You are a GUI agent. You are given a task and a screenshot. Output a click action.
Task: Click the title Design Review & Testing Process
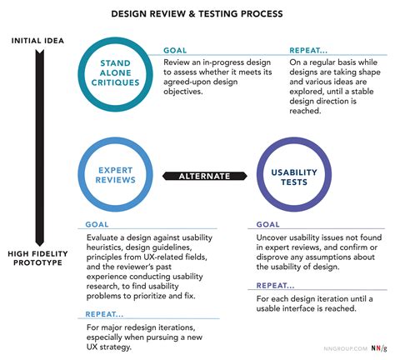tap(197, 13)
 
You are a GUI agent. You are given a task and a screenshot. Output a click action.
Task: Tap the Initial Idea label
tap(37, 41)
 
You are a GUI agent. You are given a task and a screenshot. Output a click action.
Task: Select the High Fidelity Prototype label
tap(37, 258)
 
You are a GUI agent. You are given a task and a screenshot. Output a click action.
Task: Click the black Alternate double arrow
tap(205, 176)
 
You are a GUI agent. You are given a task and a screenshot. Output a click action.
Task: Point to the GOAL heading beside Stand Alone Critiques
tap(175, 50)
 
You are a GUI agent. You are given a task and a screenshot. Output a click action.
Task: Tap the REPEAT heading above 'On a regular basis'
tap(308, 50)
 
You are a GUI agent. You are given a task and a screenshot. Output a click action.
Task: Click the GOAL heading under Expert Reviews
tap(97, 224)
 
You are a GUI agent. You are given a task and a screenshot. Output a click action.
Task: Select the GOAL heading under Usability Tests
tap(267, 224)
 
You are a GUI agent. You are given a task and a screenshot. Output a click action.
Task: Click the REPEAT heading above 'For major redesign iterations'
tap(104, 314)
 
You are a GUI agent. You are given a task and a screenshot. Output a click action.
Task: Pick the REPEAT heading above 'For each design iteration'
tap(275, 286)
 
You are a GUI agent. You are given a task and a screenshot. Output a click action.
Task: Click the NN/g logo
tap(379, 348)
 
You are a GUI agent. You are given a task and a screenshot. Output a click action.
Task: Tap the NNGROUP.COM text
tap(345, 348)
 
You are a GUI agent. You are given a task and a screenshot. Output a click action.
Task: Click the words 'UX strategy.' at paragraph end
tap(108, 347)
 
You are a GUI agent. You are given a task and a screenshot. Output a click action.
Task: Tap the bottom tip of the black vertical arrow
tap(40, 246)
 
